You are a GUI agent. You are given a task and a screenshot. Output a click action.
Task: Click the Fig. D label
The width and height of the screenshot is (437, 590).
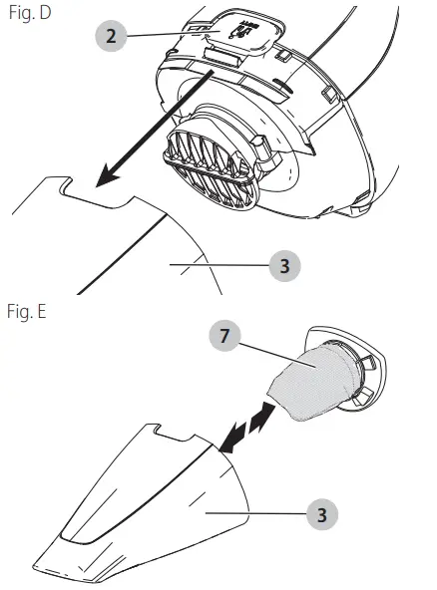30,12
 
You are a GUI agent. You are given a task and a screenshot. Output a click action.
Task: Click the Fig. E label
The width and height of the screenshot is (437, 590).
27,312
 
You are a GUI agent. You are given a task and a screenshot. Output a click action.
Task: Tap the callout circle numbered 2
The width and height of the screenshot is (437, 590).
111,36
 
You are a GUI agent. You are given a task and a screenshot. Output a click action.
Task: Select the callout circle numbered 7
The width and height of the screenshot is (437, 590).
224,335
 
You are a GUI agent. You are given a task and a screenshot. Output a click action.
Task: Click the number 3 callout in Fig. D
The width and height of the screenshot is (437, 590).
284,266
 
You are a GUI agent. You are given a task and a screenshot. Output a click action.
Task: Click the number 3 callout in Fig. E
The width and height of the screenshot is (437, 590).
321,514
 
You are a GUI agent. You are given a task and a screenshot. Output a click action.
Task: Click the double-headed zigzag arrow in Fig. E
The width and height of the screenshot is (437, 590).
246,427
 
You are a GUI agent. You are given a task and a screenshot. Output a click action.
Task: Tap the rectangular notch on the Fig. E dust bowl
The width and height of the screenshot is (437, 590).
176,432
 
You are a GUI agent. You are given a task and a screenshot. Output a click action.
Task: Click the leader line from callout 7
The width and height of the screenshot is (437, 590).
277,355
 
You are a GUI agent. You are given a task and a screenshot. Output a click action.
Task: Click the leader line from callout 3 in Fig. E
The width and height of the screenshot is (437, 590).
255,513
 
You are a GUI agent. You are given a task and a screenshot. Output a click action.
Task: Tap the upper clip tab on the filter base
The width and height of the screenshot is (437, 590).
369,364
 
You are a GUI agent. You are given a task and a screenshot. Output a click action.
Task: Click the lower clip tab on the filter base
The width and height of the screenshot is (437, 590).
363,398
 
